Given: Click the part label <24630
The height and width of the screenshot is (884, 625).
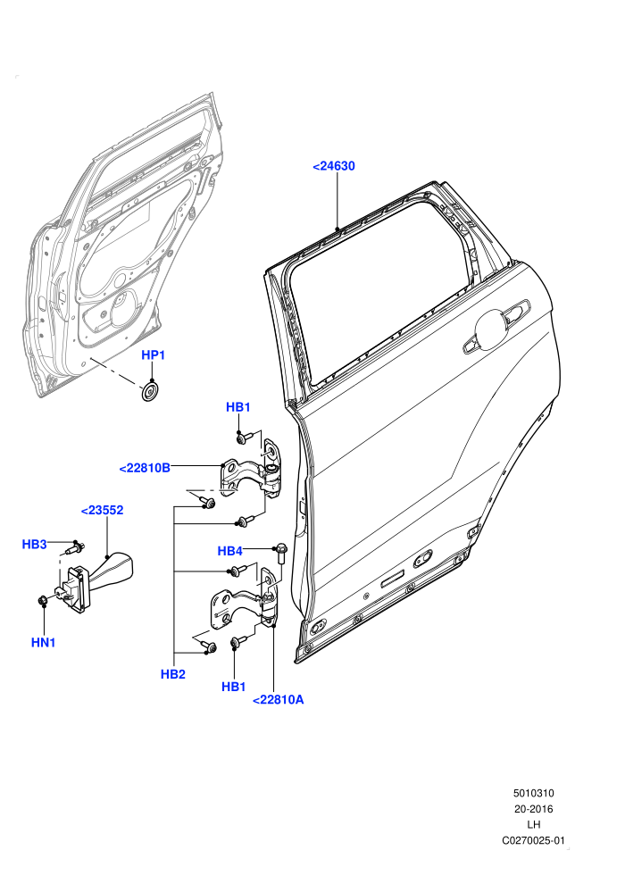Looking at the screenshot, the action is coord(334,166).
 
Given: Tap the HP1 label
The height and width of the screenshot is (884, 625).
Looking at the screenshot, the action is coord(153,354).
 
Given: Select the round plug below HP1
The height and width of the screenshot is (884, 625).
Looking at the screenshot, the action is coord(150,392).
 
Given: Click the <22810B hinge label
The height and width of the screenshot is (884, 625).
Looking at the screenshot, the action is coord(145,467).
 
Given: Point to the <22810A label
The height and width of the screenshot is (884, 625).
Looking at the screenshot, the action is coord(279,700).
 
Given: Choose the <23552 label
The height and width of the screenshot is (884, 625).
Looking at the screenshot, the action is coord(102,510).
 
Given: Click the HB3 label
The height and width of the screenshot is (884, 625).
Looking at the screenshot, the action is coord(34,544).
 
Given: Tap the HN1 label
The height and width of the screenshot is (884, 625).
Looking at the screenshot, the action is coord(44,642).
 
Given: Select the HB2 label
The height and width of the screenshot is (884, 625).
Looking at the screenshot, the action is coord(172,673).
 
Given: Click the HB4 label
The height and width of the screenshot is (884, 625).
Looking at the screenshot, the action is coord(230,551).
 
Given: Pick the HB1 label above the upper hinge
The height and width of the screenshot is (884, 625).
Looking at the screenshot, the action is coord(237,407).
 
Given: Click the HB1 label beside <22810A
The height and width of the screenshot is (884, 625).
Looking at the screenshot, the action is coord(233,687).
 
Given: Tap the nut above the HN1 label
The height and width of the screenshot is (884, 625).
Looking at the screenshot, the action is coord(42,601).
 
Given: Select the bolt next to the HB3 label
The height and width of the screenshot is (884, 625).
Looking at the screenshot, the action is coord(76,546).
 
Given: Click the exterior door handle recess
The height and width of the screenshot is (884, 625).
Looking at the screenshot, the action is coord(496,328).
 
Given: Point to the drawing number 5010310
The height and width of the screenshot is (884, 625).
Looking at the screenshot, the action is coord(533,793).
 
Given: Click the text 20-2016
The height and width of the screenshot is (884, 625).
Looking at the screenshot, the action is coord(533,809).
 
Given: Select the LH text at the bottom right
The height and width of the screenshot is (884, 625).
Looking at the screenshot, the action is coord(533,825).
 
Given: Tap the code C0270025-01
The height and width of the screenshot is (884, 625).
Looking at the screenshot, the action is coord(533,840).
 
